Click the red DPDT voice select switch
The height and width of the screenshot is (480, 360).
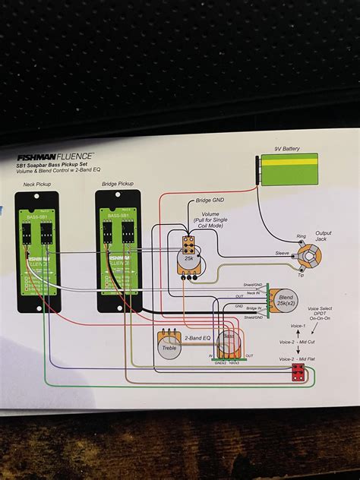298,372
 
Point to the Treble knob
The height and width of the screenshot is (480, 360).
169,346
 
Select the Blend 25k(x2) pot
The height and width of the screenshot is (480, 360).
285,301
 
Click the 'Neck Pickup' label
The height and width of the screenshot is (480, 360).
38,184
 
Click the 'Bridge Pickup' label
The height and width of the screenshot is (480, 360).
118,184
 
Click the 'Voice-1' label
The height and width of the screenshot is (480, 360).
297,325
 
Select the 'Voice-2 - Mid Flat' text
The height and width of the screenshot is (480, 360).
299,358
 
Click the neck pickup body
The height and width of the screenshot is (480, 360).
37,251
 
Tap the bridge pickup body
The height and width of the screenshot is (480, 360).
117,251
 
